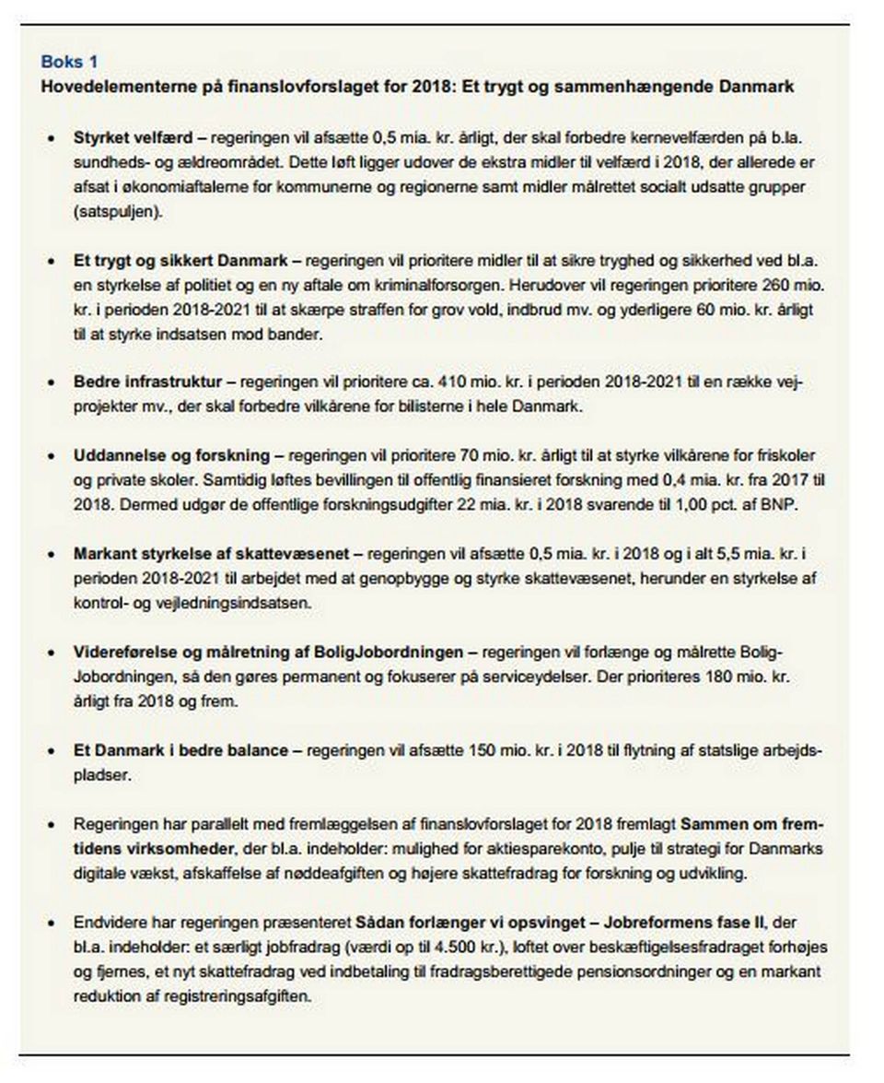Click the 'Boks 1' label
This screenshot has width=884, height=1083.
68,62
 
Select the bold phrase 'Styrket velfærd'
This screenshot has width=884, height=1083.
133,137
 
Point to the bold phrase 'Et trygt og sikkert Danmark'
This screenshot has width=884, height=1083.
181,261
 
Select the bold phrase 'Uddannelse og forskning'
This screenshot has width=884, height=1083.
171,455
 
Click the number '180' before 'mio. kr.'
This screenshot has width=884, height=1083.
707,677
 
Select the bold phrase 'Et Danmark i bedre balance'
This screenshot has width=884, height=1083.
180,750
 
